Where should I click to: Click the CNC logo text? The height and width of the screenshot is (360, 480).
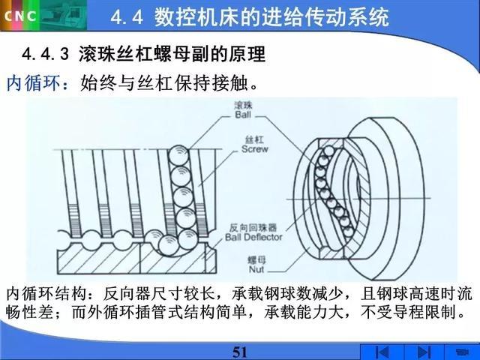[20, 16]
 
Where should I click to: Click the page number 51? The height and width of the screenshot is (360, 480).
[240, 352]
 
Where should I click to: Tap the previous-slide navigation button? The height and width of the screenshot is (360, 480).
[382, 352]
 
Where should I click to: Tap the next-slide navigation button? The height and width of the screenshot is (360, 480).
[424, 352]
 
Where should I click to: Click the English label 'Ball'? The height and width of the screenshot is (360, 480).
[243, 115]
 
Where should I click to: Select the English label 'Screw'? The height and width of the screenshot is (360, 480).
[255, 149]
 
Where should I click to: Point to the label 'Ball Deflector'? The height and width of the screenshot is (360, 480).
[253, 237]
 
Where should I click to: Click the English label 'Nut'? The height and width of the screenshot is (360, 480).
[256, 269]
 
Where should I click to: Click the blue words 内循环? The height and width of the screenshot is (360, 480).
[34, 82]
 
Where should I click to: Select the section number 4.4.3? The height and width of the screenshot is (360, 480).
[46, 55]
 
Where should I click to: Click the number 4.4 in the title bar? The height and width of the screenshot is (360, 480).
[127, 16]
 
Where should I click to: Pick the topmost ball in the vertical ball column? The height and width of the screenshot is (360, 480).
[178, 154]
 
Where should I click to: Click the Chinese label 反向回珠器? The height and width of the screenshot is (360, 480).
[253, 228]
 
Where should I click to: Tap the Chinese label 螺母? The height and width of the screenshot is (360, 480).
[256, 261]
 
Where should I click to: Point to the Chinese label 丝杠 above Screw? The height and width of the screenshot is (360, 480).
[254, 140]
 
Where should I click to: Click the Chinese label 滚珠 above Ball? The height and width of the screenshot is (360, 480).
[243, 106]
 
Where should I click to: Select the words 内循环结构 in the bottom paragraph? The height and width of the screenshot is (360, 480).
[46, 294]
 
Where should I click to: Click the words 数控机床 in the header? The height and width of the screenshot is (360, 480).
[187, 16]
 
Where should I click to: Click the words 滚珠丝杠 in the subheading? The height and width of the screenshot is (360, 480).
[116, 55]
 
